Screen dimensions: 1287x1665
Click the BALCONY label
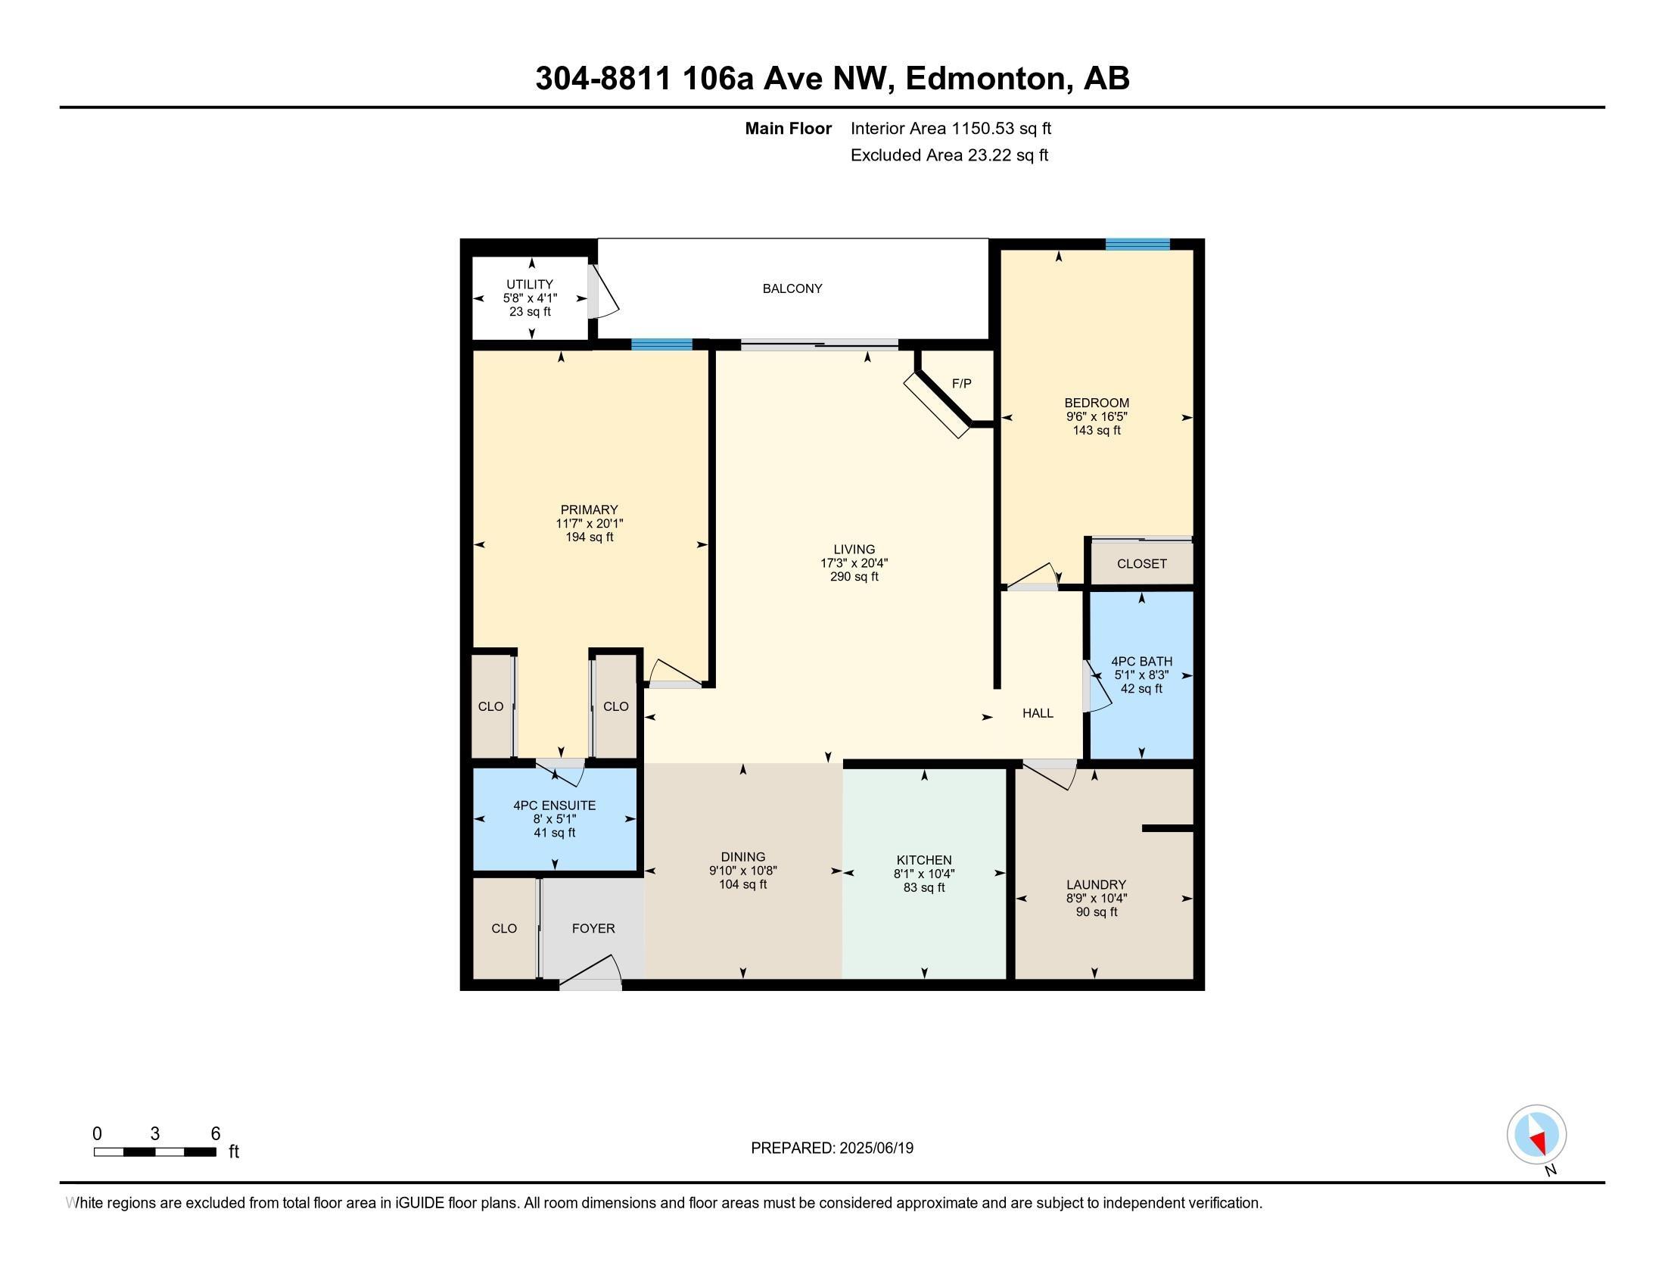click(x=792, y=288)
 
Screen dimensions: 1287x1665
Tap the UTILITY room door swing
click(x=604, y=293)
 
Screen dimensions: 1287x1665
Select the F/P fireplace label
click(x=961, y=384)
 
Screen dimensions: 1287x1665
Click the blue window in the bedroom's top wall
click(x=1137, y=244)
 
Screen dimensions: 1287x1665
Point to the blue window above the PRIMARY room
click(x=661, y=344)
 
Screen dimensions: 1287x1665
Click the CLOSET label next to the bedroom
click(x=1141, y=563)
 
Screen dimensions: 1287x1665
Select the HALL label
click(x=1038, y=713)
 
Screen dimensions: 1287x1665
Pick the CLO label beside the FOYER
click(x=504, y=928)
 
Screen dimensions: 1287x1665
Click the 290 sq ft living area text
click(x=854, y=576)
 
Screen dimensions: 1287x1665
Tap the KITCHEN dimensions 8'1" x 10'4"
click(x=924, y=874)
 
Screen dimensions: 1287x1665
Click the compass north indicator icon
click(x=1536, y=1135)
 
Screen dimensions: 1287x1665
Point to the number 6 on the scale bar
click(x=216, y=1134)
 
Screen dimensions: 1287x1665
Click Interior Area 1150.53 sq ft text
click(x=951, y=128)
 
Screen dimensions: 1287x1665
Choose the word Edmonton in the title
click(x=985, y=78)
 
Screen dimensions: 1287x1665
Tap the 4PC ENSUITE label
click(x=554, y=806)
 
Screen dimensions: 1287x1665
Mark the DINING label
click(x=742, y=857)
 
